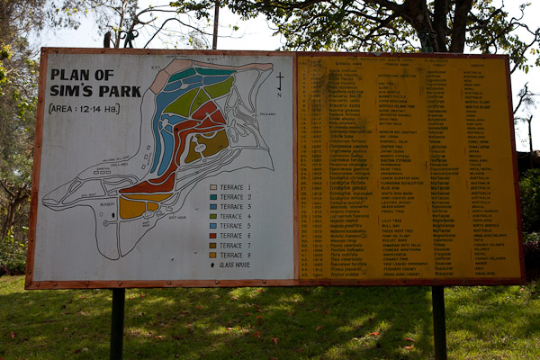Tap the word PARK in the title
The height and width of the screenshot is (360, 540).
100,90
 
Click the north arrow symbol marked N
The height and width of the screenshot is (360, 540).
279,82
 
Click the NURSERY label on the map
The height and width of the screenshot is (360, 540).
109,204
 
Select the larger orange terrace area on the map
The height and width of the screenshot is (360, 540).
132,207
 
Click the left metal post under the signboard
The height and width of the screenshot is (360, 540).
117,323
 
